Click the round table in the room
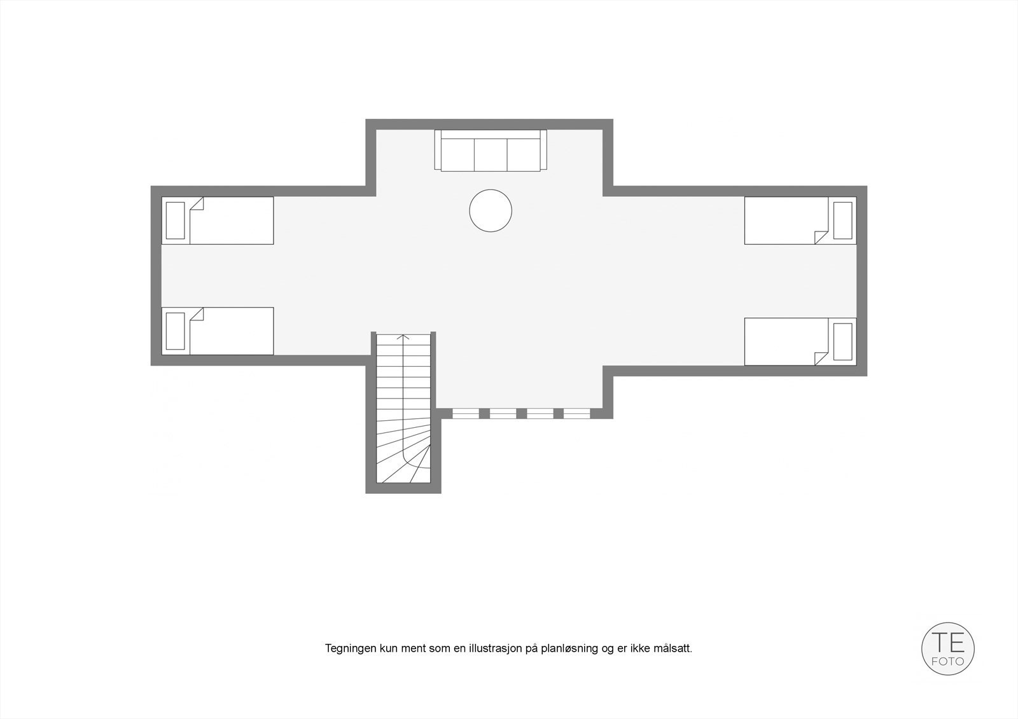[x=491, y=210]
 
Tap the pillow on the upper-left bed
[x=175, y=221]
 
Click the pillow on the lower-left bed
[x=175, y=331]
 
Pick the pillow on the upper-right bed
[x=842, y=221]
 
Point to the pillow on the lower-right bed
[x=842, y=341]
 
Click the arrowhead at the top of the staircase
[x=403, y=337]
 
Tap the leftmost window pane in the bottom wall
[x=466, y=413]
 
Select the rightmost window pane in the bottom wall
[x=577, y=413]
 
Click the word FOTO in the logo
[x=948, y=661]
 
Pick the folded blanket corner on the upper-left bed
[x=196, y=204]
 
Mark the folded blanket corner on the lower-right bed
[x=821, y=359]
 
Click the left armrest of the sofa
[x=438, y=150]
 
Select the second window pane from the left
[x=503, y=413]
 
